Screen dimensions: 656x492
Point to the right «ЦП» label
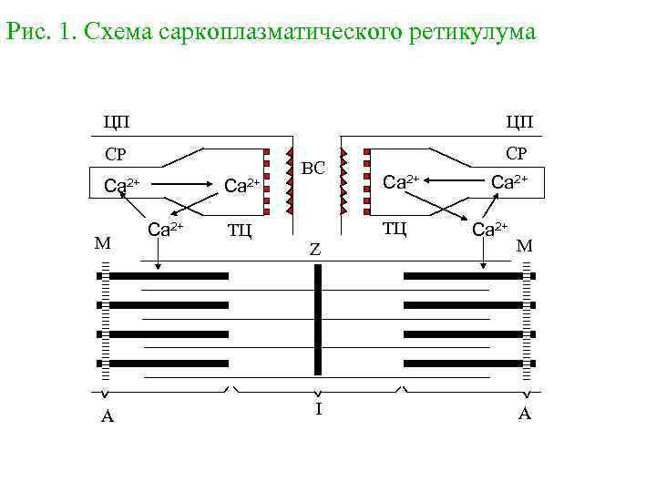(518, 121)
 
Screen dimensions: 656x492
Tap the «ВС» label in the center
(313, 168)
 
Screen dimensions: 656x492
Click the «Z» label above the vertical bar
(314, 249)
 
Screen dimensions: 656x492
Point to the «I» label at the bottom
(318, 409)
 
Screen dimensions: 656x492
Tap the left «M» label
(103, 243)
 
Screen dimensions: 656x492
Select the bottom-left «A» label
(107, 417)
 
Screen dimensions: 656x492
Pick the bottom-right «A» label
(525, 415)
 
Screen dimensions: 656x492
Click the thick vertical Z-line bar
(318, 319)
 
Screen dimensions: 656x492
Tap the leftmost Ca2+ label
(122, 186)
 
